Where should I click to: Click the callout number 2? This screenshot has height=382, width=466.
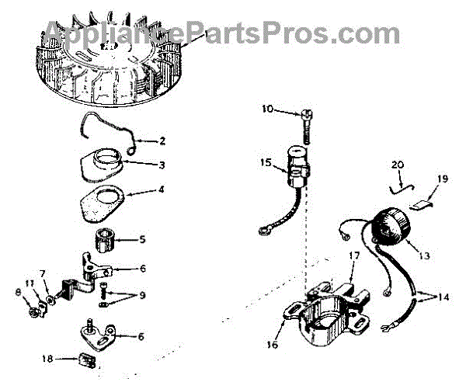point(162,141)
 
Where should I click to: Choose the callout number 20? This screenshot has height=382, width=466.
point(398,165)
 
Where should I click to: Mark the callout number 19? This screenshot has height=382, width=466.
point(442,179)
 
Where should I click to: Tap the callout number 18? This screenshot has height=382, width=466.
point(48,359)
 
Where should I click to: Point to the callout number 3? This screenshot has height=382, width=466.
point(162,165)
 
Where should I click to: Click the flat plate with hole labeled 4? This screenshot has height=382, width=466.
point(108,203)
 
